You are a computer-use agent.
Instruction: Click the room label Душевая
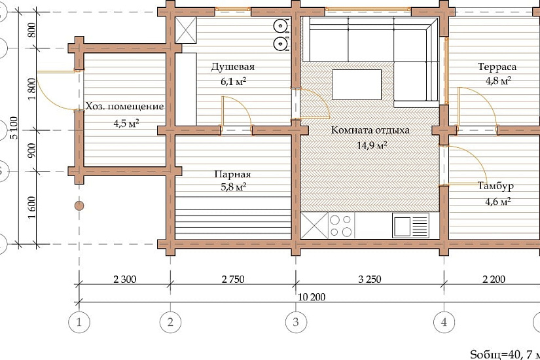(x=233, y=67)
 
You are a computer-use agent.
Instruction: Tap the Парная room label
(x=233, y=174)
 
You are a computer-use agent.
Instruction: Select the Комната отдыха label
(x=370, y=130)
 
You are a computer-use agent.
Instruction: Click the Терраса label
(x=497, y=67)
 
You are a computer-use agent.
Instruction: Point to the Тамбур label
(x=495, y=186)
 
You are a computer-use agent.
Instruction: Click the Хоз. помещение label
(x=124, y=106)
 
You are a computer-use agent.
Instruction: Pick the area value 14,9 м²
(x=372, y=145)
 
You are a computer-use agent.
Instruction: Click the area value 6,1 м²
(x=233, y=82)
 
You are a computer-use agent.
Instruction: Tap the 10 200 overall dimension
(x=312, y=297)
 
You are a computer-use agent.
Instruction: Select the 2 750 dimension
(x=233, y=279)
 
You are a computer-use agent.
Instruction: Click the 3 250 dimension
(x=370, y=279)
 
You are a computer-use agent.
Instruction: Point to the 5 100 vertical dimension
(x=14, y=128)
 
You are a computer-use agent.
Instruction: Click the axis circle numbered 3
(x=296, y=323)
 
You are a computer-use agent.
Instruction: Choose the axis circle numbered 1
(x=79, y=323)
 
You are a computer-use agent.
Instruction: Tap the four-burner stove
(x=340, y=226)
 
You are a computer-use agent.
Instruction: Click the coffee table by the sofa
(x=357, y=84)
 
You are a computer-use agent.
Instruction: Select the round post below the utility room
(x=79, y=206)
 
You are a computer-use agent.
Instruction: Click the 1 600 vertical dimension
(x=31, y=207)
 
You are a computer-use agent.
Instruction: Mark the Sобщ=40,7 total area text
(x=505, y=354)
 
